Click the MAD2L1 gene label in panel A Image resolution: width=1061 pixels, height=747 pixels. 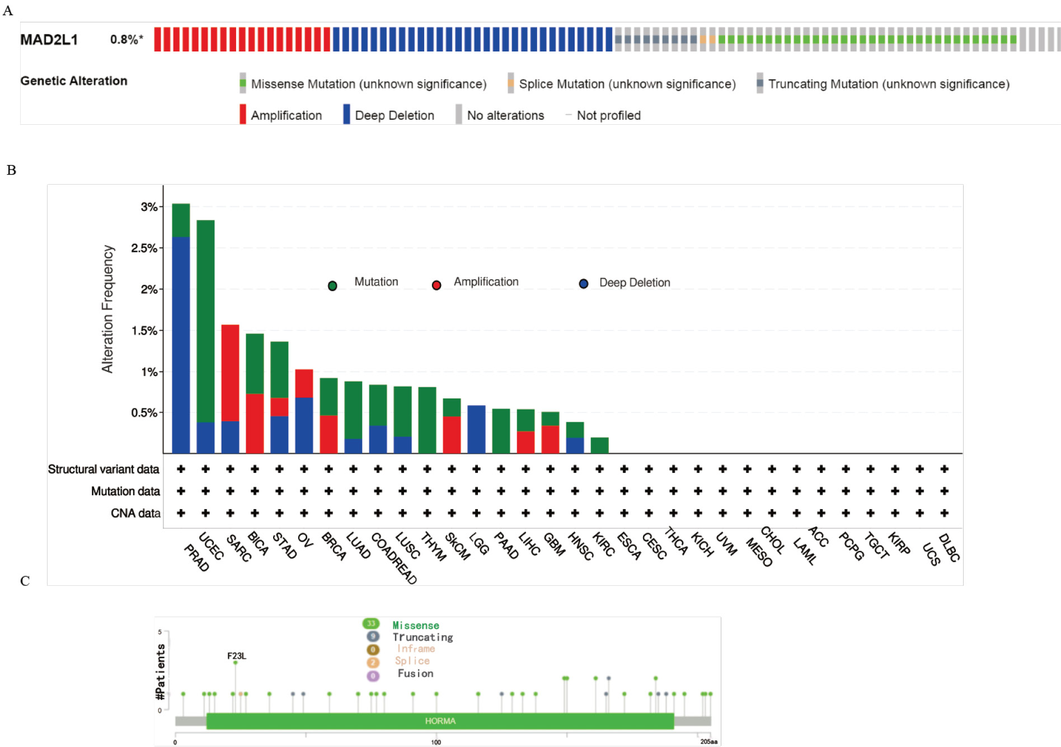(x=49, y=40)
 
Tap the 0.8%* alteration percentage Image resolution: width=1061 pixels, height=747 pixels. (x=126, y=39)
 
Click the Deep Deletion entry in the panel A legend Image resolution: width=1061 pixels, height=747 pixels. (x=389, y=115)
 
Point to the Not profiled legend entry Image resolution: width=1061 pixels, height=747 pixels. (x=603, y=115)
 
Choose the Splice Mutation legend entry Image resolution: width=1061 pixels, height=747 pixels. (x=622, y=83)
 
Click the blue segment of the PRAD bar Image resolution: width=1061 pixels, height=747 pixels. (x=181, y=345)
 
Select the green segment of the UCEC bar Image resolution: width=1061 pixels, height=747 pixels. (x=205, y=321)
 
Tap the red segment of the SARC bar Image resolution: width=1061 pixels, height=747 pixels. (x=230, y=373)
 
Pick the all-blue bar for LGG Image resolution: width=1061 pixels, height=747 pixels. (x=476, y=429)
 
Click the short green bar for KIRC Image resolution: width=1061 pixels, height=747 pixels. (x=599, y=445)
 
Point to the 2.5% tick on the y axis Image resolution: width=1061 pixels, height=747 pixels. (x=144, y=248)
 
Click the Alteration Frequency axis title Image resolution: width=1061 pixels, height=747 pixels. (x=107, y=309)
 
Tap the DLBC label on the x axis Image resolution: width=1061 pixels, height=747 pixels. (x=949, y=547)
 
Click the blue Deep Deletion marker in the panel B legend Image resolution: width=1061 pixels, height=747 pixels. (x=584, y=284)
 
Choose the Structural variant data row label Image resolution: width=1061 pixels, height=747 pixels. (x=104, y=469)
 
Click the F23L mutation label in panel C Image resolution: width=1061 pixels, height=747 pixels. (x=236, y=656)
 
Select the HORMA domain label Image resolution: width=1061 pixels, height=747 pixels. (x=440, y=721)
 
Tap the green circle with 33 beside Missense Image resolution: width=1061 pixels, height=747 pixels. (x=371, y=623)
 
